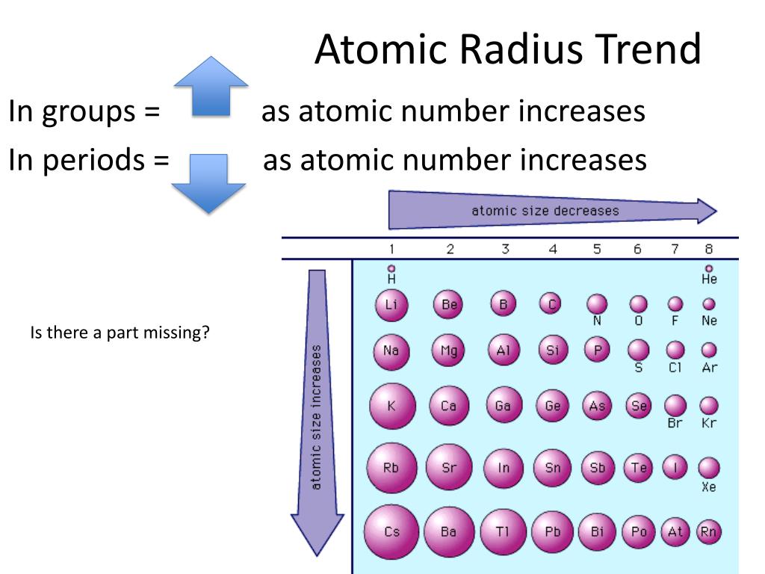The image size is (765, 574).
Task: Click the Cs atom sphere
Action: click(391, 532)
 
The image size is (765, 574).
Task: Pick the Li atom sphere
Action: click(391, 304)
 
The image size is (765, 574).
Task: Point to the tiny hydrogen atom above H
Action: click(391, 268)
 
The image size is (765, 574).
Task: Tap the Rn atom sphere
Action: click(708, 531)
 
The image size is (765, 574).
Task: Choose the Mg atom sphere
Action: click(448, 351)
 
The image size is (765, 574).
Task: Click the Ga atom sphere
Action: click(503, 406)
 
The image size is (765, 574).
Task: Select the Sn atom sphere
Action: click(553, 468)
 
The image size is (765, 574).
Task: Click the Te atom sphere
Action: click(639, 468)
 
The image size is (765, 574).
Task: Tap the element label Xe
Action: click(709, 487)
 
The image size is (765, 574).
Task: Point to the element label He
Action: click(709, 280)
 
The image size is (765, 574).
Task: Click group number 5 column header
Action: click(596, 250)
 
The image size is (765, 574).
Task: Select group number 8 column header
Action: click(708, 250)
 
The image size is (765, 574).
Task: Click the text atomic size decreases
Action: click(545, 211)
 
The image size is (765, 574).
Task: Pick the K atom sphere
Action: click(391, 407)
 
